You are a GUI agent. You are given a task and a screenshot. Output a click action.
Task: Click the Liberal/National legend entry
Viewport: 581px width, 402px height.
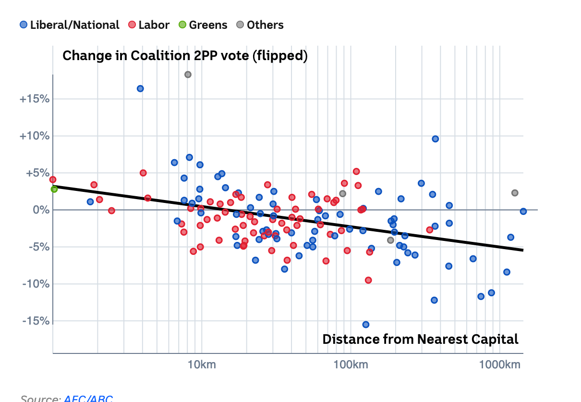(x=70, y=25)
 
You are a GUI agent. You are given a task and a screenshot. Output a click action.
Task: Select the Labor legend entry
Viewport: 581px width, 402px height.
(x=149, y=25)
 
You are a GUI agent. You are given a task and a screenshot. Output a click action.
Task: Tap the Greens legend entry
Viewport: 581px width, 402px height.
(x=203, y=25)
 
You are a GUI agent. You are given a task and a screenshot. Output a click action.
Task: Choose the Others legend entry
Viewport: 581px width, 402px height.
(x=260, y=25)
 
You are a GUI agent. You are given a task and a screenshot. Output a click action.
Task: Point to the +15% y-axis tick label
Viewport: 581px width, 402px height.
(x=34, y=99)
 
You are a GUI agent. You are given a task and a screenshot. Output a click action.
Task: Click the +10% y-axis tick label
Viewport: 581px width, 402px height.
(x=34, y=136)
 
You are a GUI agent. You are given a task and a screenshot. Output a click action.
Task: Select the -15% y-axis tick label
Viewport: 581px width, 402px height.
(x=35, y=321)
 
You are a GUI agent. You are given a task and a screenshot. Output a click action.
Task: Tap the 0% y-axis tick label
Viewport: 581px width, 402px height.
(x=40, y=210)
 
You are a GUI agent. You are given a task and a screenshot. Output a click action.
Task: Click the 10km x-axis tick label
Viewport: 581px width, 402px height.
(x=201, y=364)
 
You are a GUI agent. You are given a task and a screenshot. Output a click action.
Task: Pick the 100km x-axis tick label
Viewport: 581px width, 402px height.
(x=350, y=364)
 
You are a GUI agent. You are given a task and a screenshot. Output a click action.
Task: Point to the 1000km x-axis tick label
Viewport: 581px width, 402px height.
(x=500, y=364)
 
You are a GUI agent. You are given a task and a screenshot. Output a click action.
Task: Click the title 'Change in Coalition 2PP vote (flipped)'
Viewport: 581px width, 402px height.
(x=185, y=56)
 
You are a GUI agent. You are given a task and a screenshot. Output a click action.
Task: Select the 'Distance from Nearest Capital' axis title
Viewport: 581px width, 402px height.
(x=420, y=339)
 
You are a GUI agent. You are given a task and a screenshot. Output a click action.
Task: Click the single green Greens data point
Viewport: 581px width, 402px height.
(x=54, y=189)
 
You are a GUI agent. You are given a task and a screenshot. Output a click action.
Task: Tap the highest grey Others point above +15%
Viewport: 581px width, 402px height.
(x=188, y=75)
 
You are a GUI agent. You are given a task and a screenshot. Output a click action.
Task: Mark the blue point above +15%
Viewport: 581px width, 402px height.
(x=140, y=88)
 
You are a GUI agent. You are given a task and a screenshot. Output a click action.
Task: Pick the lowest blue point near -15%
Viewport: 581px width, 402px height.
(x=366, y=325)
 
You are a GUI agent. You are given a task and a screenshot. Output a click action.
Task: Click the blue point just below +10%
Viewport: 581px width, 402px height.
(x=435, y=139)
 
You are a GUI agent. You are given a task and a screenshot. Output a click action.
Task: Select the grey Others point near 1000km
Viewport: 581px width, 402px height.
(x=515, y=193)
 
